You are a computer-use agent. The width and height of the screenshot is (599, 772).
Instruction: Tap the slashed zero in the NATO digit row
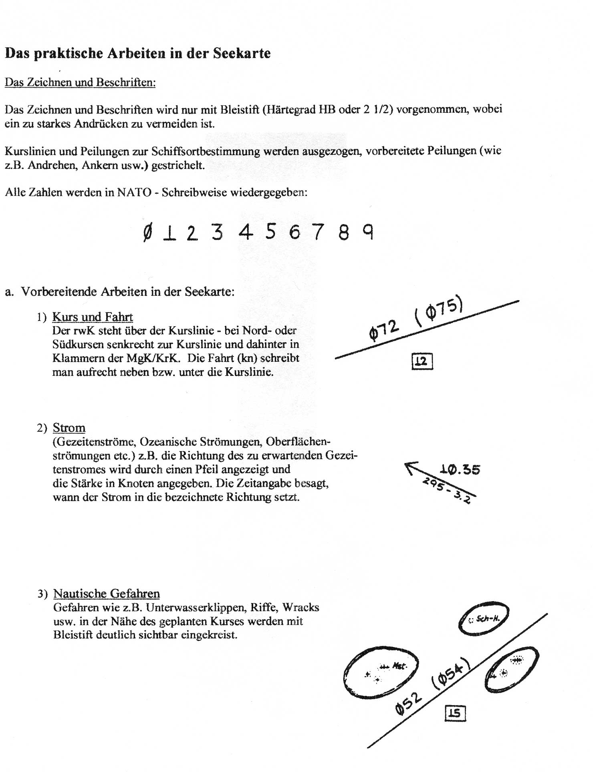tap(147, 233)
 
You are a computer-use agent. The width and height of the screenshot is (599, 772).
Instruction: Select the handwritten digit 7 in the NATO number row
tap(318, 232)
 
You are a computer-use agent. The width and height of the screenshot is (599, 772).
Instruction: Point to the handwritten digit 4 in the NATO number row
tap(246, 232)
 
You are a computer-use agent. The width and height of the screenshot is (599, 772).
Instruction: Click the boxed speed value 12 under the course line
tap(422, 362)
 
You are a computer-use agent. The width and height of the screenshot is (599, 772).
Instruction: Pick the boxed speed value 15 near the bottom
tap(455, 714)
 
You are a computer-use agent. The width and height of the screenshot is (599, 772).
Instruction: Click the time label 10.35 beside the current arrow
tap(460, 469)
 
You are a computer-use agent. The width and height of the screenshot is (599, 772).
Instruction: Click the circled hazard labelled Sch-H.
tap(483, 619)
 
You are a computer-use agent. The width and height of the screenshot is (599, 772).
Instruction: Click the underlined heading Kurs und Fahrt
tap(93, 317)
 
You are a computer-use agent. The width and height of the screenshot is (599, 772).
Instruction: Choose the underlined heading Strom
tap(69, 428)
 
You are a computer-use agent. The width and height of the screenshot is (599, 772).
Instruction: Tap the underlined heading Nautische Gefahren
tap(107, 594)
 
